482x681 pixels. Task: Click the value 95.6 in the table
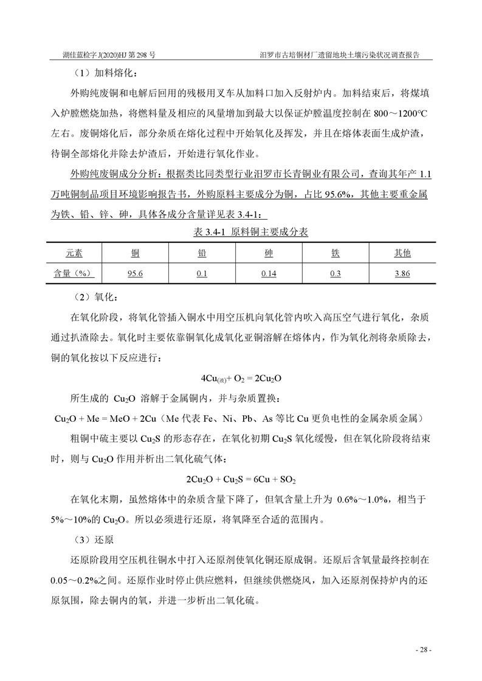(x=135, y=274)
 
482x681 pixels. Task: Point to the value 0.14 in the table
(x=269, y=274)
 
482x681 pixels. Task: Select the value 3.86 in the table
(x=402, y=274)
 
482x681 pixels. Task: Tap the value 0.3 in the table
(x=335, y=274)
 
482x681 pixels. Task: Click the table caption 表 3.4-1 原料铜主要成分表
(x=241, y=233)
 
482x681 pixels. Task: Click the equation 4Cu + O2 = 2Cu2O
(x=240, y=378)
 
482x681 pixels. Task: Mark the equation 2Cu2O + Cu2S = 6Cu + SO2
(x=241, y=479)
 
